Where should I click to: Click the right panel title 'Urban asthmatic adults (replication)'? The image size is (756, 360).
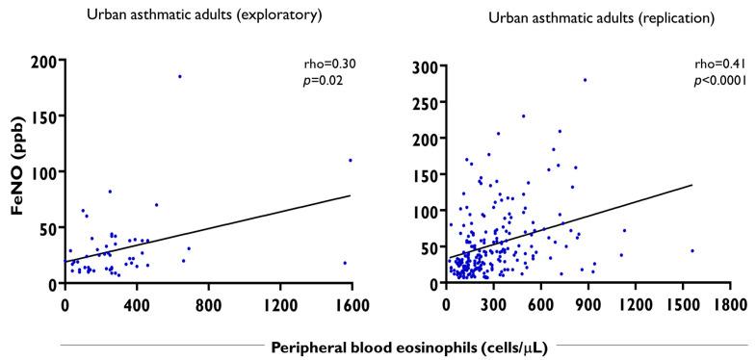(560, 17)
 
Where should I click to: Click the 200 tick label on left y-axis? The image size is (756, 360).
(43, 61)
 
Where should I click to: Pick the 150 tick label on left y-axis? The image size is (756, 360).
(43, 116)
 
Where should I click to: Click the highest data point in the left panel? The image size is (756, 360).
(179, 76)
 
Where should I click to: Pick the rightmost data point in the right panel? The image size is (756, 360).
(691, 251)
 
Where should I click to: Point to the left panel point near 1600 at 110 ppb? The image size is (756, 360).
(351, 161)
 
